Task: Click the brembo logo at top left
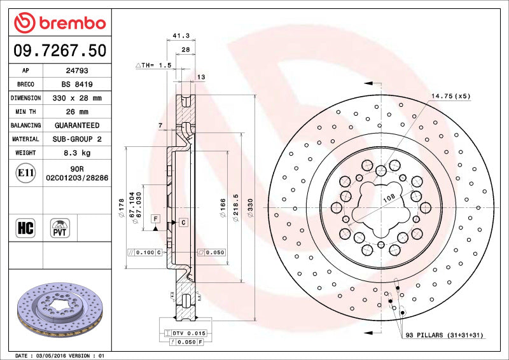point(60,24)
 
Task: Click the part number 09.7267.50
point(60,50)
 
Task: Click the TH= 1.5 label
point(154,65)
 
